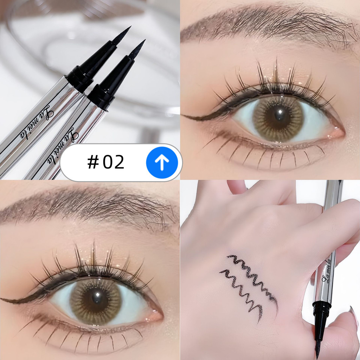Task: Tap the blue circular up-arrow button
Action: (162, 162)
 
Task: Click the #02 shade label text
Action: (106, 162)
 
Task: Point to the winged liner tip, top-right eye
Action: (183, 116)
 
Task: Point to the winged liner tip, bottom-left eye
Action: (1, 299)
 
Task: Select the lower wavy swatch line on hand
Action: (242, 291)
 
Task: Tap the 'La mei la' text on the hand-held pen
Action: (326, 271)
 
